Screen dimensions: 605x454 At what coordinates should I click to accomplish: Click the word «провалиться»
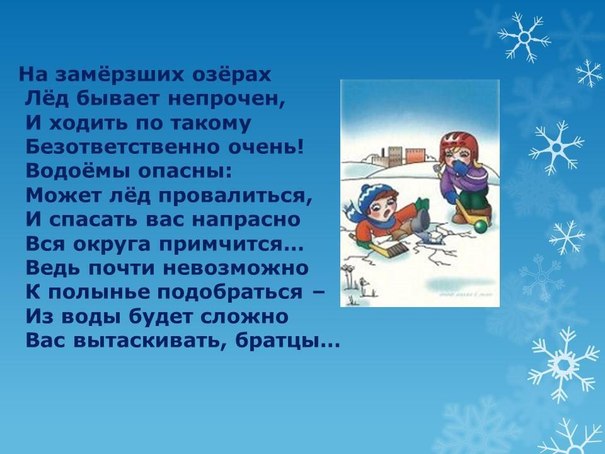pos(235,196)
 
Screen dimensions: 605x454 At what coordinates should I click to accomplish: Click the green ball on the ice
pos(480,226)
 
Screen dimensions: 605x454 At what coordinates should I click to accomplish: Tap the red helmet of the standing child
pos(459,143)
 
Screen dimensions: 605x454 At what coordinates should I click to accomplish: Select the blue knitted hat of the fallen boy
pos(374,197)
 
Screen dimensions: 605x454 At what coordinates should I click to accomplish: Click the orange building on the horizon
pos(415,156)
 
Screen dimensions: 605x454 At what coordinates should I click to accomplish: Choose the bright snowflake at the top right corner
pos(524,37)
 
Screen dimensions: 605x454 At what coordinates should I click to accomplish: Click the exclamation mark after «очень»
pos(301,146)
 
